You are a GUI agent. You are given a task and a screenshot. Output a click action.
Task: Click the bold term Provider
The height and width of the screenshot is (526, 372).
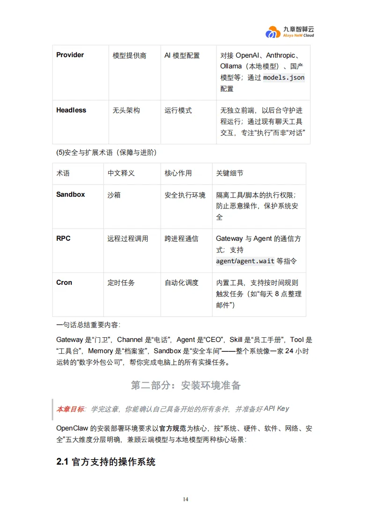[70, 55]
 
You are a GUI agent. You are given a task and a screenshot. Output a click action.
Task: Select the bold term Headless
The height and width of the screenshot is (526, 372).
[71, 110]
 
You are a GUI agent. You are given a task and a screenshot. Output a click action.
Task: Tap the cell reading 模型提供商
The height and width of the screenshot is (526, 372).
[129, 55]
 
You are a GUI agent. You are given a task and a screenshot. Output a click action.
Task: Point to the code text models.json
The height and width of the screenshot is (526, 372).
[283, 77]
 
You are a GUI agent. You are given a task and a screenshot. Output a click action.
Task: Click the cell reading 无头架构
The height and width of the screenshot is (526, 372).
[126, 111]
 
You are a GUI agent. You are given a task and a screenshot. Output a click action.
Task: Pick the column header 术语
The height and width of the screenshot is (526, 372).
[63, 173]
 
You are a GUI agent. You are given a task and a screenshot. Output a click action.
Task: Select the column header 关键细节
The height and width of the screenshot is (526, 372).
[230, 173]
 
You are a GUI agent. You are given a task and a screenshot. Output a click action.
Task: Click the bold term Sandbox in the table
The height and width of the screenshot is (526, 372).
[70, 194]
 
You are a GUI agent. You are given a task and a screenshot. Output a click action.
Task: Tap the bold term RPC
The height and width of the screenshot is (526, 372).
[63, 238]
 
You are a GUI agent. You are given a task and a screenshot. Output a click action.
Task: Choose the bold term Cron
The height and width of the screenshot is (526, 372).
[64, 282]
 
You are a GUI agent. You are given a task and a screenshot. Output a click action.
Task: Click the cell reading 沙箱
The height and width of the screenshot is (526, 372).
[114, 195]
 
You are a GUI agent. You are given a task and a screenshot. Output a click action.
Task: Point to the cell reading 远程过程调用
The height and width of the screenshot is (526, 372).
[127, 239]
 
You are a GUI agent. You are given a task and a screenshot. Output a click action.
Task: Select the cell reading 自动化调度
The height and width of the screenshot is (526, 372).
[181, 283]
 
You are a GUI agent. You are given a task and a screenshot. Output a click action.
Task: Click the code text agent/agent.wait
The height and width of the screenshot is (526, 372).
[245, 261]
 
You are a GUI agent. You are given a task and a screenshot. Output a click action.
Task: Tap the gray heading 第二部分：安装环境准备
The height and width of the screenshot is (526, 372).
[186, 385]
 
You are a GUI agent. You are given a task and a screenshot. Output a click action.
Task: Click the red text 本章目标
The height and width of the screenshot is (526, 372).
[70, 409]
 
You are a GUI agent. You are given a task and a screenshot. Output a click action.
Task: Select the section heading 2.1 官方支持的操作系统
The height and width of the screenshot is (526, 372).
[106, 462]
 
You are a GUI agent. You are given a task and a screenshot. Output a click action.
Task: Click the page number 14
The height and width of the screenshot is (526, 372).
[186, 499]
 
